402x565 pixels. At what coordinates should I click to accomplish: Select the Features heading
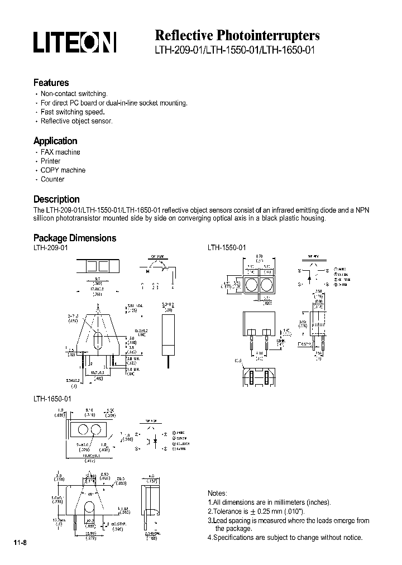(x=51, y=83)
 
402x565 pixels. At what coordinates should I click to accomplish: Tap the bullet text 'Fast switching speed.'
(x=73, y=112)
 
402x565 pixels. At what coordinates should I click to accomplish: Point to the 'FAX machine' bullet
(x=60, y=152)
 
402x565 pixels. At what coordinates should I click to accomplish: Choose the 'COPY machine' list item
(x=63, y=170)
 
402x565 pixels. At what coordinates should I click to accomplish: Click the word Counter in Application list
(x=52, y=179)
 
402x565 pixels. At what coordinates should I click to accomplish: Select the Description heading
(x=56, y=199)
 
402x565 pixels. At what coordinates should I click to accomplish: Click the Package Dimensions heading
(x=75, y=238)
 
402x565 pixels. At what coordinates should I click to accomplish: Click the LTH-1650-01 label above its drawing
(x=52, y=400)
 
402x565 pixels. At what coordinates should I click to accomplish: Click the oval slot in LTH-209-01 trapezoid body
(x=97, y=340)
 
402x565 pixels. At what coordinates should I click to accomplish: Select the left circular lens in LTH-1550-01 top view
(x=252, y=285)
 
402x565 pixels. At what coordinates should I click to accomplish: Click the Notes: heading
(x=217, y=494)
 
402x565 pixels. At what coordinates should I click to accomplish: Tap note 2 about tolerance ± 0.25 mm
(x=256, y=511)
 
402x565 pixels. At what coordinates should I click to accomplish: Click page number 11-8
(x=20, y=543)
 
